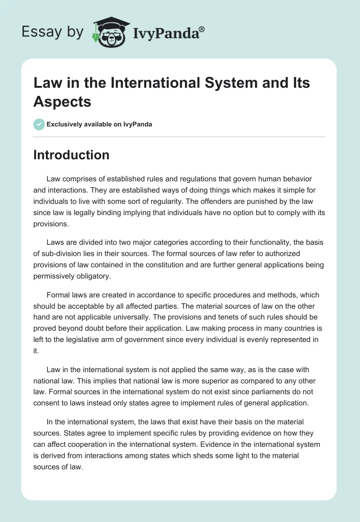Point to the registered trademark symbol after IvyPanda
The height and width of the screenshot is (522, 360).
[202, 28]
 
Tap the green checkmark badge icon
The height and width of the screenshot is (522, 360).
[39, 124]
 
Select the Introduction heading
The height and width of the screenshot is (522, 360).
[71, 155]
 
